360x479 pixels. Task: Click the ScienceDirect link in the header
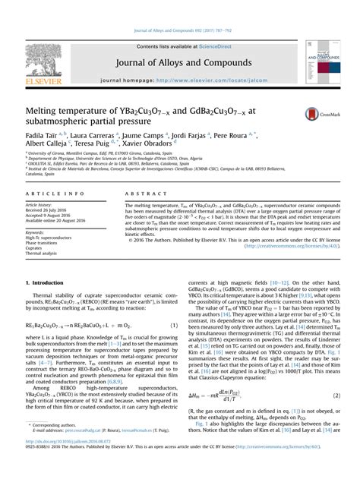[199, 46]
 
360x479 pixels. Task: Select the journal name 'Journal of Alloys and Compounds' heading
[179, 62]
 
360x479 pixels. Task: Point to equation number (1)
[173, 325]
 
